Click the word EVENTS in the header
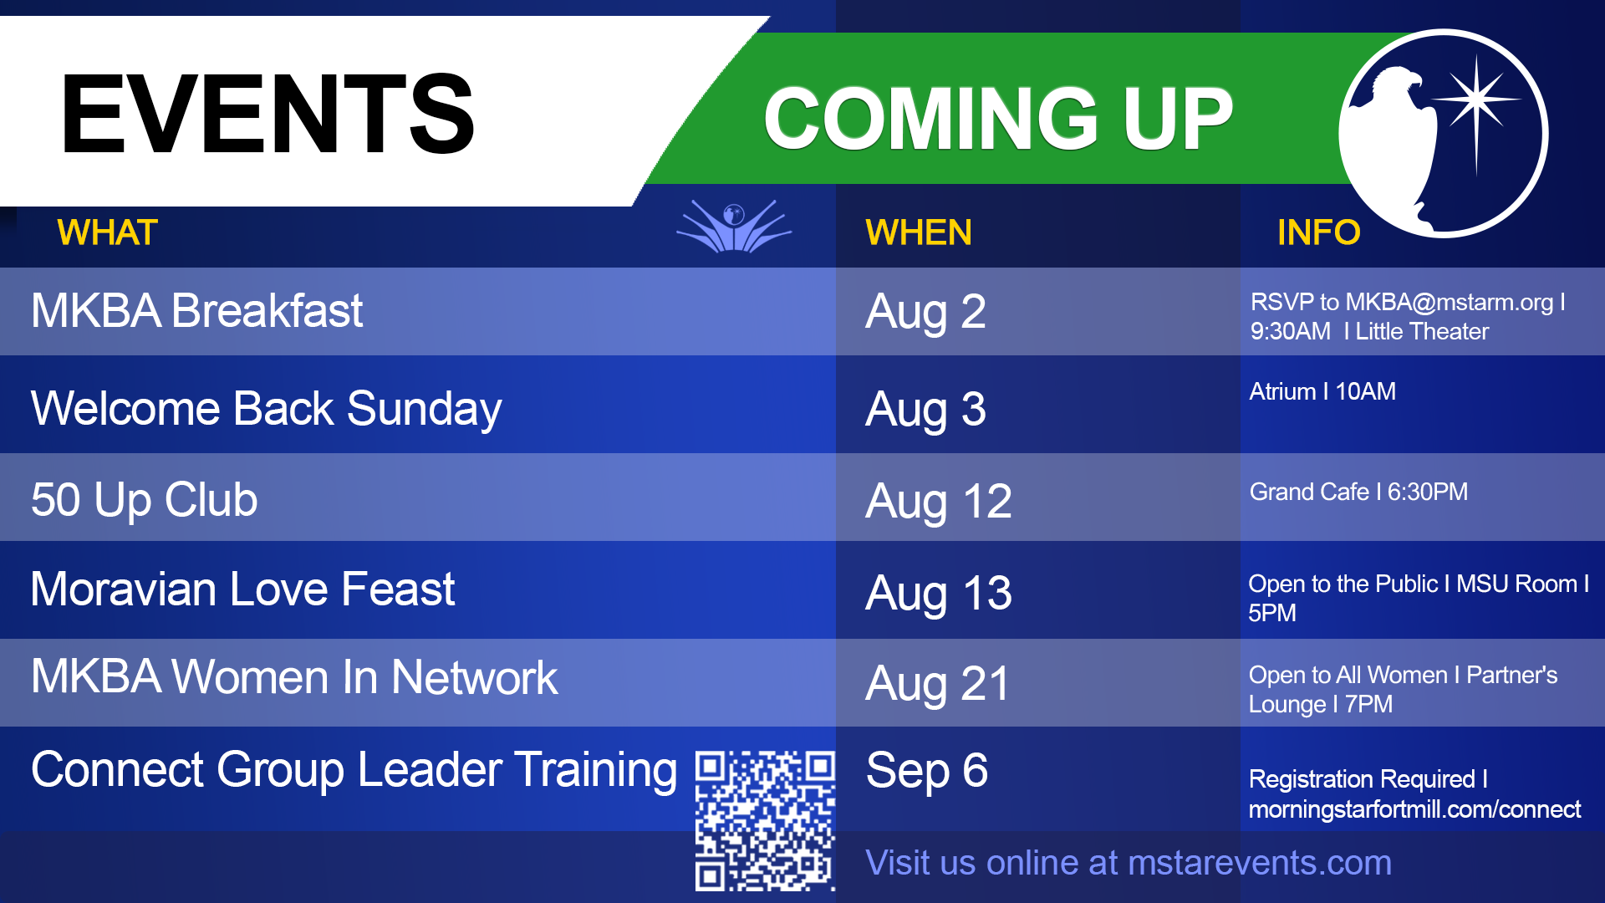267,114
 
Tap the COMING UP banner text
998,119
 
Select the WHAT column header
107,232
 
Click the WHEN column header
919,232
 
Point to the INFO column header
1318,232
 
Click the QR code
765,820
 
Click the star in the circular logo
1477,100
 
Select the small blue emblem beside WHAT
734,226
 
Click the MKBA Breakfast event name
196,311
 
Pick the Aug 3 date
925,411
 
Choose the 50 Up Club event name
144,500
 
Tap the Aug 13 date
938,594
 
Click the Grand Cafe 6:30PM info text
1358,492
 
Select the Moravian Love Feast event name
242,589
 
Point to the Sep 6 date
926,771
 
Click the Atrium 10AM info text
1322,391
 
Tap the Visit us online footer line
1129,863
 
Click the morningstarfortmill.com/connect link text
1414,809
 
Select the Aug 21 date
937,684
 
